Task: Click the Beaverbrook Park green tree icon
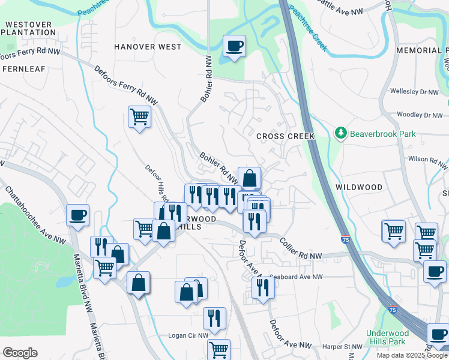[341, 133]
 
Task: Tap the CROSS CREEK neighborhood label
[285, 136]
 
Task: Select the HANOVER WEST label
[148, 47]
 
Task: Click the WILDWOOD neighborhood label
[359, 187]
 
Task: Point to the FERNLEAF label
[24, 69]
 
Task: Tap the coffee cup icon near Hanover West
[234, 46]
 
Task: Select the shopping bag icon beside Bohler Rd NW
[249, 178]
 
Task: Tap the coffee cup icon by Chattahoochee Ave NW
[78, 215]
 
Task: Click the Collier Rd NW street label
[301, 248]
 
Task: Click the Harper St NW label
[342, 347]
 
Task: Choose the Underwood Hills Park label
[388, 337]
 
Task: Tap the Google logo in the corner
[20, 353]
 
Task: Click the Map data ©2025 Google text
[412, 355]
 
